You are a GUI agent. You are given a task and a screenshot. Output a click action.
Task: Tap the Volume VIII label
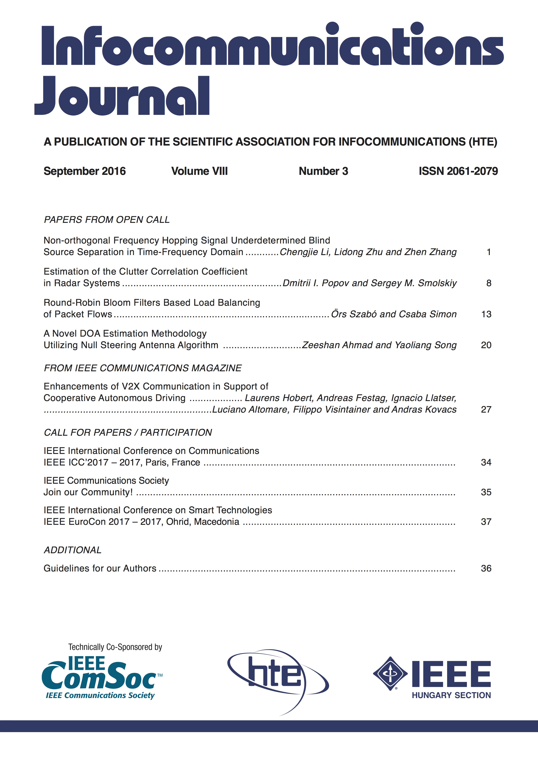(x=199, y=171)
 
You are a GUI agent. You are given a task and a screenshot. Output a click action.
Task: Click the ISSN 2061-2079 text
(x=458, y=171)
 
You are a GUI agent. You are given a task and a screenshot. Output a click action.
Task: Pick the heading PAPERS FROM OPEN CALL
(x=107, y=220)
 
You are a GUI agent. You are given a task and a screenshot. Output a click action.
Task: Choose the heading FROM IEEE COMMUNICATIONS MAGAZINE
(x=142, y=368)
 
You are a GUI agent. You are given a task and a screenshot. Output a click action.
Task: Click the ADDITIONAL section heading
(x=73, y=550)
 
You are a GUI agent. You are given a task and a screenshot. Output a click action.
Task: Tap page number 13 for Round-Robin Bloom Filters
(x=486, y=314)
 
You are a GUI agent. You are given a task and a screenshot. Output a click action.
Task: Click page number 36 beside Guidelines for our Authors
(x=486, y=568)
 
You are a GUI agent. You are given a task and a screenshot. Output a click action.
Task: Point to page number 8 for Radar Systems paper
(x=489, y=283)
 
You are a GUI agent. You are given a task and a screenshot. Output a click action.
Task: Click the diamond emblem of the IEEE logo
(x=390, y=673)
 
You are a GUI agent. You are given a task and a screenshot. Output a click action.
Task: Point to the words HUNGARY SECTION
(x=451, y=695)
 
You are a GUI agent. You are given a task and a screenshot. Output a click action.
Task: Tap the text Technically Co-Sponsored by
(x=115, y=647)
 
